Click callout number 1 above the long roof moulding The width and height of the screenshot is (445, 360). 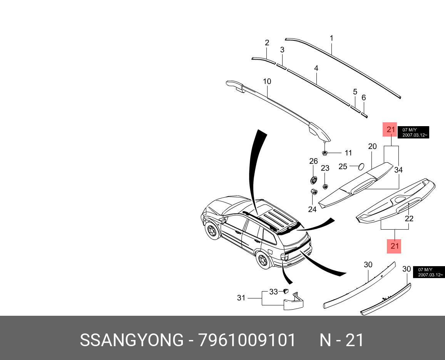tap(331, 38)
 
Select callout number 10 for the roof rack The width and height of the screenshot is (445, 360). tap(267, 82)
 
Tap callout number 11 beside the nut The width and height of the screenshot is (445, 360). tap(348, 153)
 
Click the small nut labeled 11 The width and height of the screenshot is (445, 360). tap(325, 153)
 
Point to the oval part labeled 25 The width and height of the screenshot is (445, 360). tap(361, 167)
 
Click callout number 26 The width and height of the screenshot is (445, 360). tap(313, 161)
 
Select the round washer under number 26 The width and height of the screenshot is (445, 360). tap(313, 180)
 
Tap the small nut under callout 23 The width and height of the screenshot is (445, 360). tap(325, 187)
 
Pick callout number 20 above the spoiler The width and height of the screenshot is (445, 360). tap(372, 147)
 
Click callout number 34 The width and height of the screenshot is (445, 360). tap(398, 170)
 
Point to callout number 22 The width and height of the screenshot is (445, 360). tap(409, 219)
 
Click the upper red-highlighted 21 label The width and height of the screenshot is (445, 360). tap(391, 130)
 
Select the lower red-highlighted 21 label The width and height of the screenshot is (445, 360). tap(395, 246)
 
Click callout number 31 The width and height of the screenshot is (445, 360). tap(241, 298)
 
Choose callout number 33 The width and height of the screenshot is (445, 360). tap(273, 292)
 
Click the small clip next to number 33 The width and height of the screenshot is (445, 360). tap(286, 291)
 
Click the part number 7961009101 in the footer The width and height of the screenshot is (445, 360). tap(247, 340)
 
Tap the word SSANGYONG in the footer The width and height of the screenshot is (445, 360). tap(132, 340)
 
